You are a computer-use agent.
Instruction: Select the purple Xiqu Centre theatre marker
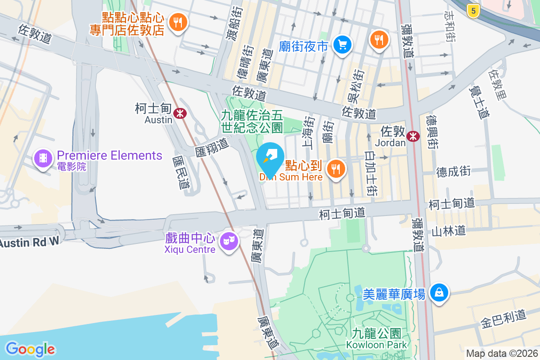pos(229,241)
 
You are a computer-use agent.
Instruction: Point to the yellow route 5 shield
pos(472,11)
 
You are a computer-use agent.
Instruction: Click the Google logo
pos(30,349)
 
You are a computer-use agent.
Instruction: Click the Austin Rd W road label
pos(29,242)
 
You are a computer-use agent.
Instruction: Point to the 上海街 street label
pos(309,132)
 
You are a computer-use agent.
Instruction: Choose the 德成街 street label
pos(453,171)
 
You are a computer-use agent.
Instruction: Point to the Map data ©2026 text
pos(502,353)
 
